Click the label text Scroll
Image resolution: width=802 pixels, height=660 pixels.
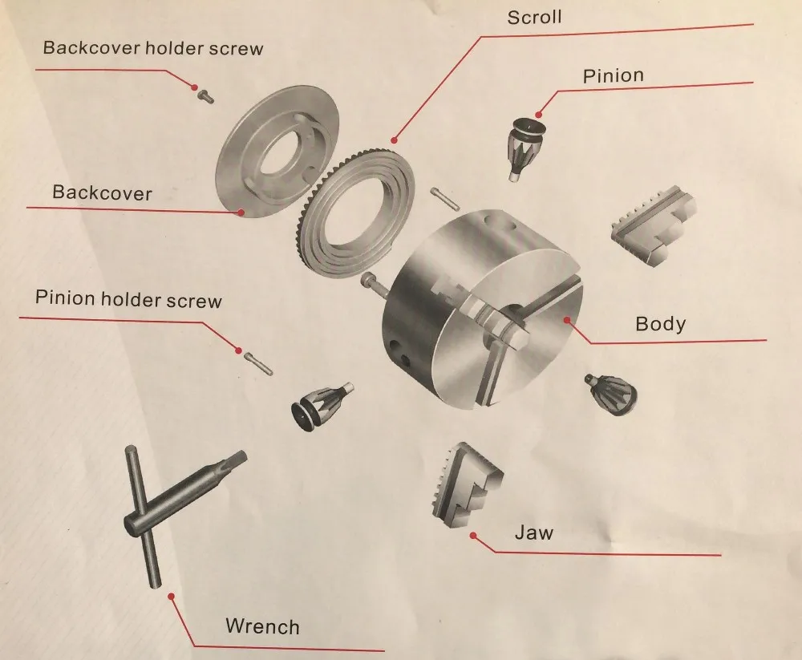click(x=534, y=18)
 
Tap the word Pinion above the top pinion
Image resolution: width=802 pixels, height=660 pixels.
click(x=614, y=75)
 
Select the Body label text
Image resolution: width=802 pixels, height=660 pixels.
click(x=660, y=324)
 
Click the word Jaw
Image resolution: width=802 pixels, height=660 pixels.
click(x=534, y=532)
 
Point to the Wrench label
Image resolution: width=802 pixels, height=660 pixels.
click(x=262, y=627)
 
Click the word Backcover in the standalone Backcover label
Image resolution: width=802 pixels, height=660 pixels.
click(x=103, y=193)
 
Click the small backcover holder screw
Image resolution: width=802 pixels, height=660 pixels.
click(x=205, y=95)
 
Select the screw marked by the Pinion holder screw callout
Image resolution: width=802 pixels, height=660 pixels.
click(x=257, y=362)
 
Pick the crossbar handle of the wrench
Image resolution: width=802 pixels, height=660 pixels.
click(x=144, y=516)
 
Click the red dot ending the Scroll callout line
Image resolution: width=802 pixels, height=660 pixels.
click(x=394, y=140)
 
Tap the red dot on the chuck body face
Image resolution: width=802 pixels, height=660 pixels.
click(x=567, y=320)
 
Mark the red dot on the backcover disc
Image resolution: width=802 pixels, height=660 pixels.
click(x=241, y=211)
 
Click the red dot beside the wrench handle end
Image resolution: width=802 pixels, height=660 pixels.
click(x=172, y=596)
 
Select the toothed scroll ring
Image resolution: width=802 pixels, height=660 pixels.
click(x=355, y=213)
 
